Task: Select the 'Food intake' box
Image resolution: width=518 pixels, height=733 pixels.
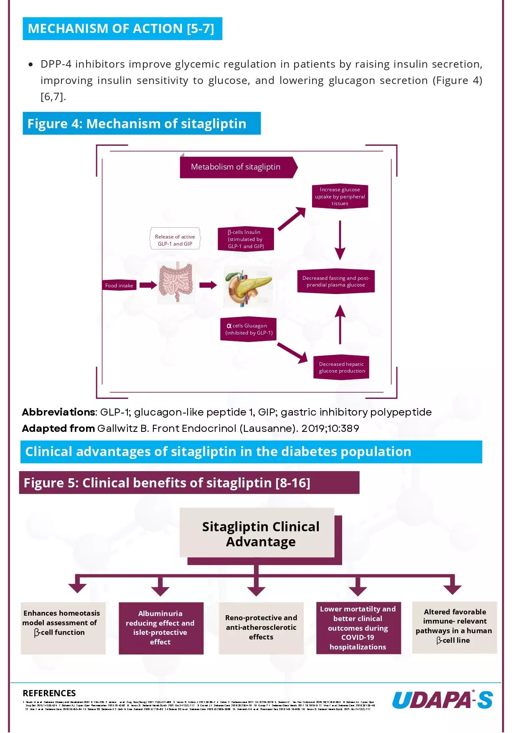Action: pos(119,286)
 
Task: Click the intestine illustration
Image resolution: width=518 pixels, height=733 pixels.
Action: pos(176,283)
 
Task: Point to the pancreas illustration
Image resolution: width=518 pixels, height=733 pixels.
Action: pos(248,287)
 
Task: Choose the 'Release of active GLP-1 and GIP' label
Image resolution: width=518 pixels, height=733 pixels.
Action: pos(175,240)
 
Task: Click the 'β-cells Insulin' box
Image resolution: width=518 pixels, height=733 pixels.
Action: pos(246,239)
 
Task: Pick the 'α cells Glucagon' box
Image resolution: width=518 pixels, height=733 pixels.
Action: pos(249,329)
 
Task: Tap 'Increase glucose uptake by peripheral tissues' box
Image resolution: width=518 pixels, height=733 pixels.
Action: pos(340,196)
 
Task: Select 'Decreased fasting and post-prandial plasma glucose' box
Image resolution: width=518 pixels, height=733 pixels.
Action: pos(335,282)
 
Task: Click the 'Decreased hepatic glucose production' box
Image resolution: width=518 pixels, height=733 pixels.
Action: pos(341,368)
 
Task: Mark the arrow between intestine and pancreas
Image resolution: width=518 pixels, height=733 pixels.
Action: pos(208,285)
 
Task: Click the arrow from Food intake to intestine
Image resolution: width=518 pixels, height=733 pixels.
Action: pos(148,285)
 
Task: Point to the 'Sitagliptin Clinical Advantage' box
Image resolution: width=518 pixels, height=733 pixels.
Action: pos(260,534)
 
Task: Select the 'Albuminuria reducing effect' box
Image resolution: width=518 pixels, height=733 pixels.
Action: pos(161,628)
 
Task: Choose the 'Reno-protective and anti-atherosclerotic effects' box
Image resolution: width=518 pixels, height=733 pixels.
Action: pos(261,628)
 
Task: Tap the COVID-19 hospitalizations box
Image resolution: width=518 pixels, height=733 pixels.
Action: pos(358,628)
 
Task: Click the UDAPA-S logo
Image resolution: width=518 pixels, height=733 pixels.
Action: pos(442,700)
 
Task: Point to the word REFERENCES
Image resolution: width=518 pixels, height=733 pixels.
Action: pos(49,693)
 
